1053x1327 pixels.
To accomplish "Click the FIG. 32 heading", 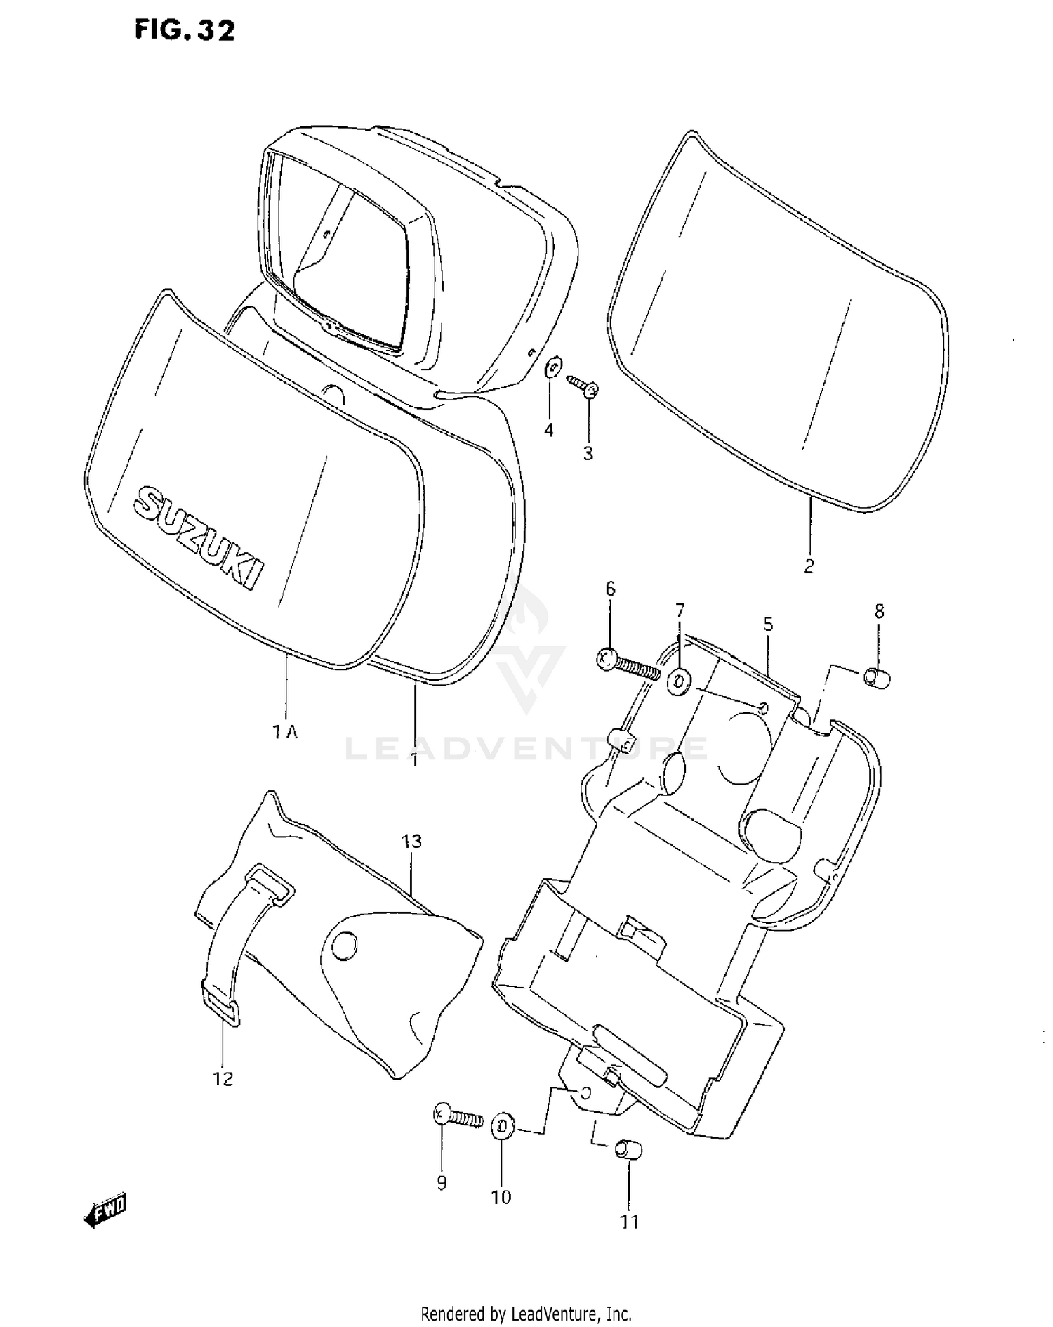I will pos(185,30).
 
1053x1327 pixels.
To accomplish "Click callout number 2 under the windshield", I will pos(809,566).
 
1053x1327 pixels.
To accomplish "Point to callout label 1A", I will pos(285,732).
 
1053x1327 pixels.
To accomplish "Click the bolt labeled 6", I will pos(627,664).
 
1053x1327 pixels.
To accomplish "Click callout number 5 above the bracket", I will pos(768,624).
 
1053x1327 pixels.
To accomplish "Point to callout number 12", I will pos(223,1079).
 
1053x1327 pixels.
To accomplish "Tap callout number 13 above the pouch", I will pos(412,841).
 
